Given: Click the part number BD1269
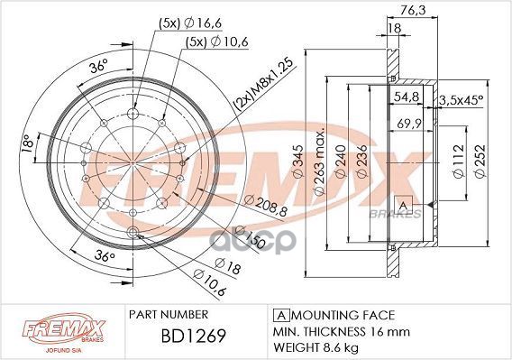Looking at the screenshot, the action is [x=193, y=336].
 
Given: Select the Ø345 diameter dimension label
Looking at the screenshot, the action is [x=298, y=162].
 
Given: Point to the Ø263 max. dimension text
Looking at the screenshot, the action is [x=319, y=162].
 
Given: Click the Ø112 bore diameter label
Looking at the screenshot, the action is [x=459, y=162].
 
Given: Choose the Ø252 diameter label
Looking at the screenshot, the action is [x=480, y=162].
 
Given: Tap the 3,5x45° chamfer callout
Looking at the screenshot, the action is [x=462, y=99].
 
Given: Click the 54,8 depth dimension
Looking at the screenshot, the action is [x=407, y=97].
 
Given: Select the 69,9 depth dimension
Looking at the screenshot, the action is [x=410, y=124].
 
